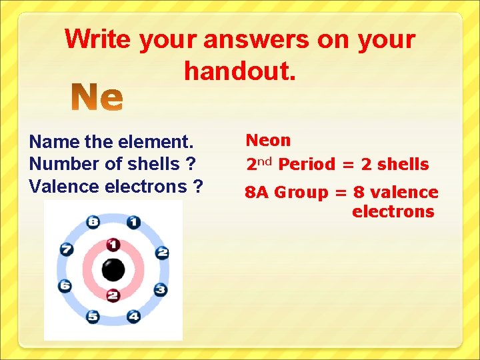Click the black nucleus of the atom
113,270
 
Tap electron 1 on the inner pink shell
114,245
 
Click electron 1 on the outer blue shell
133,222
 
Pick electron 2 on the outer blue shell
161,252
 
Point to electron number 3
161,289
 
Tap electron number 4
133,317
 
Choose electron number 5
93,317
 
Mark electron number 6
65,286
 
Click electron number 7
66,250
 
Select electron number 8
93,222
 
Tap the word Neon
268,141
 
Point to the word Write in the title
99,39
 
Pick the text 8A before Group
257,193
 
